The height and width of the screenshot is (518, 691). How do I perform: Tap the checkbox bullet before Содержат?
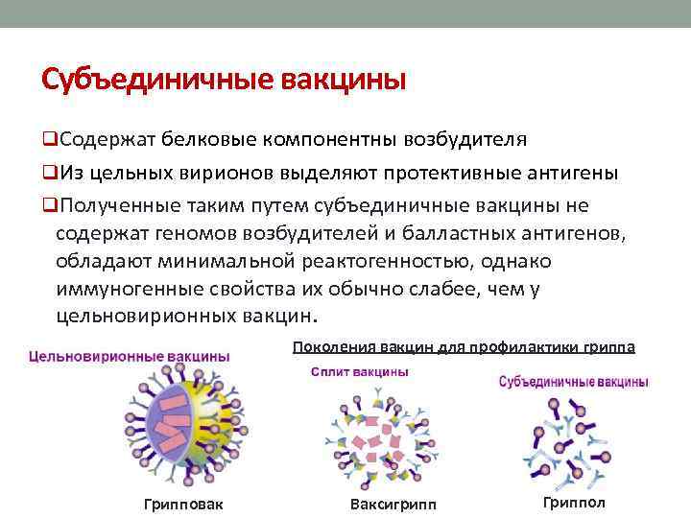click(x=49, y=139)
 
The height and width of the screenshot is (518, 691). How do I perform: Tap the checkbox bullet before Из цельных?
click(x=49, y=173)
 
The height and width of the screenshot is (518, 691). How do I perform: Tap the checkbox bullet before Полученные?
click(x=49, y=206)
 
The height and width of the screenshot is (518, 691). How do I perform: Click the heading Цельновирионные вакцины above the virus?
click(x=130, y=356)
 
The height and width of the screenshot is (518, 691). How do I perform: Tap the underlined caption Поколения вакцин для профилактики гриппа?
click(x=464, y=346)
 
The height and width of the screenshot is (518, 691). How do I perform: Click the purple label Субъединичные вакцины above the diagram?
click(x=574, y=382)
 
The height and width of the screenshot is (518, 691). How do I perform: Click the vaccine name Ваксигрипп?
click(x=393, y=506)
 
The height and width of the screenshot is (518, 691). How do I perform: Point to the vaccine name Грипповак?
click(x=182, y=506)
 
